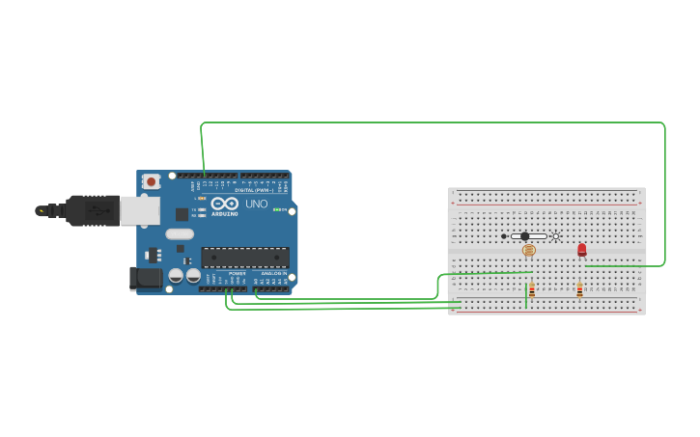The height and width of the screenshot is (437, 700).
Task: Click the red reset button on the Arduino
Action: pos(151,181)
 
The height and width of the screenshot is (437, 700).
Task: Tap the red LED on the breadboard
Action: pos(582,249)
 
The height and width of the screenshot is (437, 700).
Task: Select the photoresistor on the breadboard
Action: pos(528,250)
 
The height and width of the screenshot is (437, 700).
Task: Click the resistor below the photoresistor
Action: pos(531,289)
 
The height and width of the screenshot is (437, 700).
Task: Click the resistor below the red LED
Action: pos(579,289)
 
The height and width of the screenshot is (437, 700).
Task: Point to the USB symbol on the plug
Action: pos(41,210)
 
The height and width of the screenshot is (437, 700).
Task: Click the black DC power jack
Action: pos(146,279)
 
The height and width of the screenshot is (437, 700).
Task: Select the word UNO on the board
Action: pos(257,204)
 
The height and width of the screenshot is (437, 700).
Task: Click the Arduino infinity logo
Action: pos(224,204)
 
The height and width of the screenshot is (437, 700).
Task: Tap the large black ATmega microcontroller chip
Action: pos(244,257)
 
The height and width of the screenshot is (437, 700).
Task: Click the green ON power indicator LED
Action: pos(278,209)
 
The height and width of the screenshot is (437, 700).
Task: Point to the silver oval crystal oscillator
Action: pos(180,233)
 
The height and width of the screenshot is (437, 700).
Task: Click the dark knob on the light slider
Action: pos(524,236)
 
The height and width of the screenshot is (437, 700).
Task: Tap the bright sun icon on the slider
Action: pos(555,236)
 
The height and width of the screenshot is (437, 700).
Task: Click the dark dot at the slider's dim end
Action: pos(503,236)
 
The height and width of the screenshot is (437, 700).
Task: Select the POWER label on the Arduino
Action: pos(237,273)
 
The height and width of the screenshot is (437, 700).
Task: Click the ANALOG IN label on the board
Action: pos(273,273)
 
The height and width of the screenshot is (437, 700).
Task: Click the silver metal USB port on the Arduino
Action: pos(140,210)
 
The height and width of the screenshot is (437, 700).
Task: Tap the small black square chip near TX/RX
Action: pos(182,214)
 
